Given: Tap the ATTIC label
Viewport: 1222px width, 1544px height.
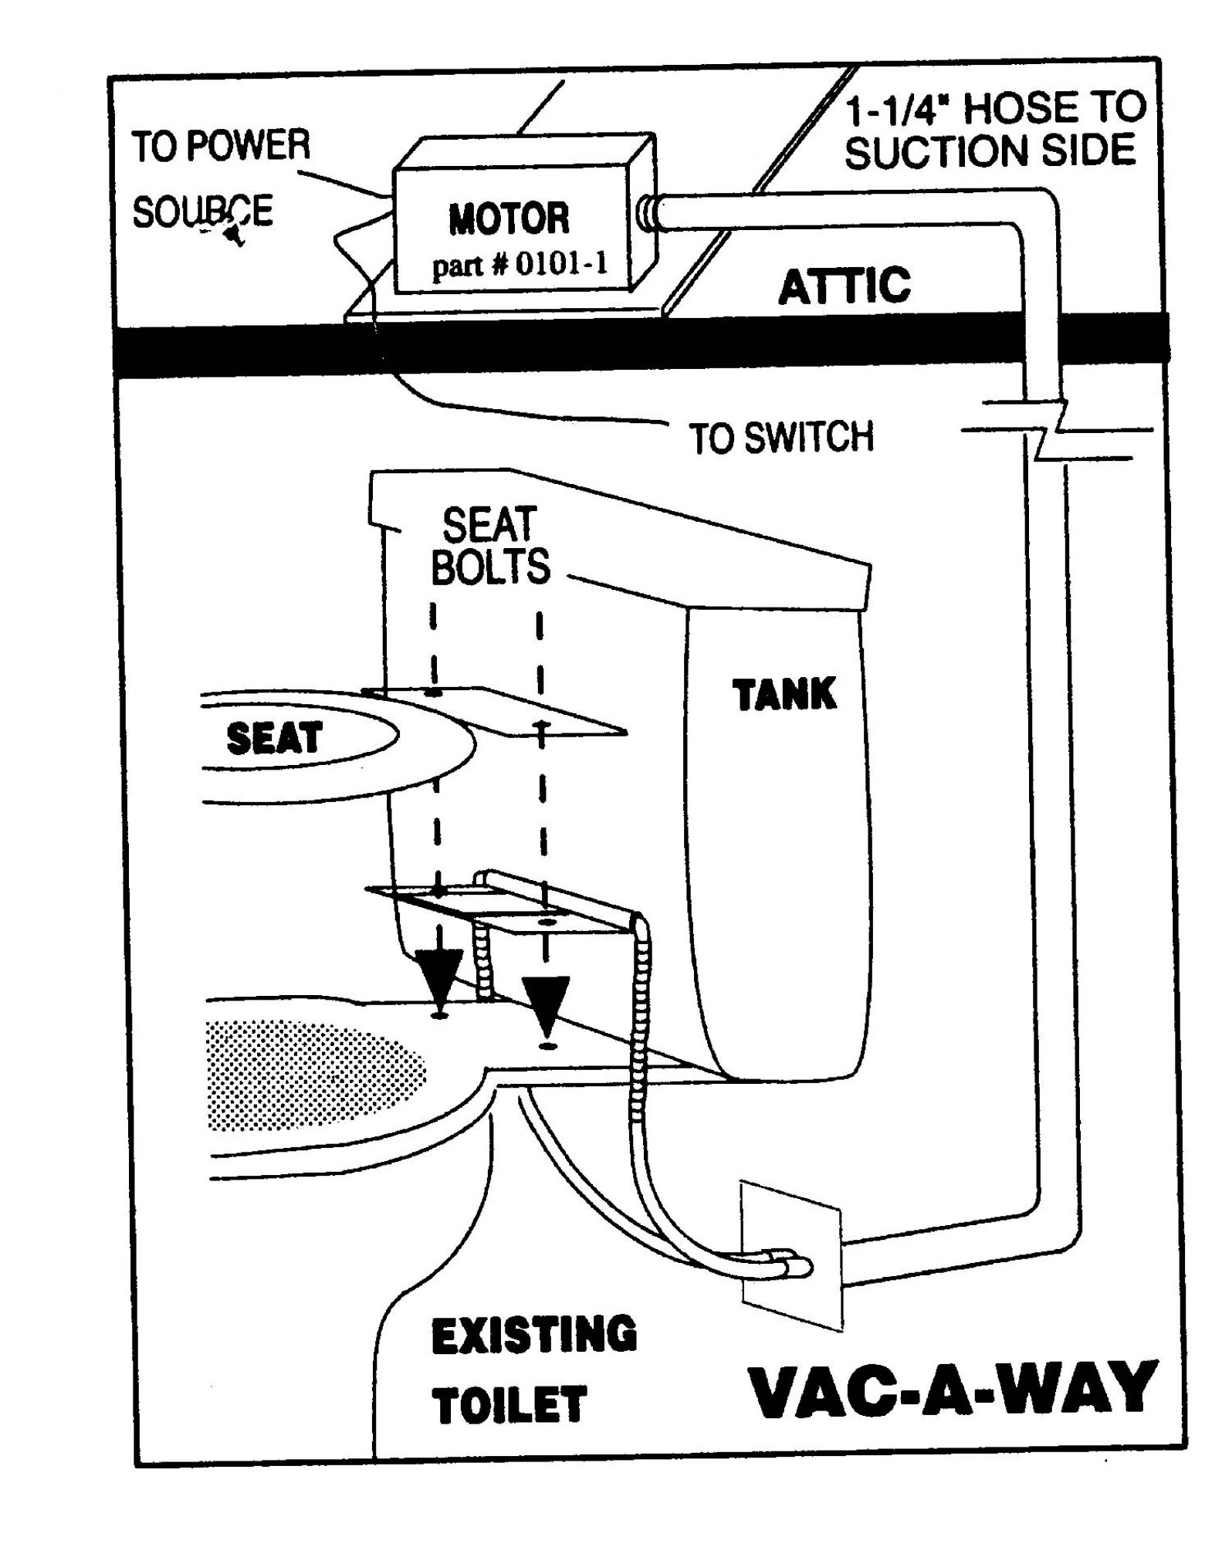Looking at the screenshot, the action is [845, 286].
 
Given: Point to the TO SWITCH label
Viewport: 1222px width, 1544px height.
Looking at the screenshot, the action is [780, 437].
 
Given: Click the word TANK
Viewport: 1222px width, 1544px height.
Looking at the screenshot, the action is [784, 694].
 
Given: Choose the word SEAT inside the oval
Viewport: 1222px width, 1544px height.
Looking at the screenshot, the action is [274, 738].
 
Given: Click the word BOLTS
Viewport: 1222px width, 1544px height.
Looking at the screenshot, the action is [490, 566].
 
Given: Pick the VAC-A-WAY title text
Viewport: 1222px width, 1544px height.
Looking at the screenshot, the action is [954, 1390].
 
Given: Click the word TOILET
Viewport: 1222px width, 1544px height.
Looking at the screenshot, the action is [509, 1403].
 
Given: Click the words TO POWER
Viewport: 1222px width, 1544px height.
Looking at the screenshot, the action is [221, 146].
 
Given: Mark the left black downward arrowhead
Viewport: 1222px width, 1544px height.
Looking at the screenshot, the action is [439, 977].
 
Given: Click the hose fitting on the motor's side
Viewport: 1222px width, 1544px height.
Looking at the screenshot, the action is [647, 212].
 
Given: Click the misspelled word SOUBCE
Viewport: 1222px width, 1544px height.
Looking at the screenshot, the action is [202, 212].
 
